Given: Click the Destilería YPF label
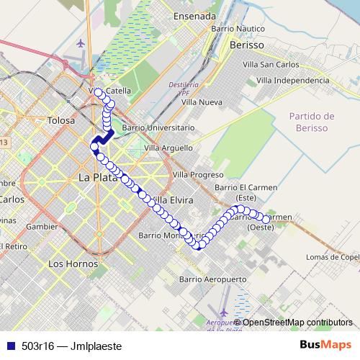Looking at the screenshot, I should (181, 89).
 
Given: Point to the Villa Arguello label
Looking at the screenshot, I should (168, 148).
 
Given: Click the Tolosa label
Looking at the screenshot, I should (62, 121).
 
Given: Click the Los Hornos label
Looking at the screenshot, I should (67, 264).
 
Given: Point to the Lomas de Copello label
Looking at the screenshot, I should (332, 257).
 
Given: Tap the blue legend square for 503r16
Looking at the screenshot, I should (9, 346).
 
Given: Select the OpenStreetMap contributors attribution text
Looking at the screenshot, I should (297, 322).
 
